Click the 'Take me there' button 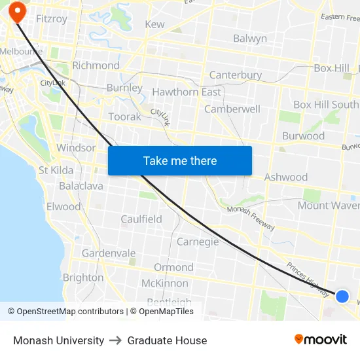[180, 160]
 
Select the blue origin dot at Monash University [342, 296]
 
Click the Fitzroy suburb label [52, 19]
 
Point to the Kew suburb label [154, 24]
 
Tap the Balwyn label [249, 39]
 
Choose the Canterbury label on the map [235, 75]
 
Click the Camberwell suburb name [232, 109]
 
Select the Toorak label [124, 117]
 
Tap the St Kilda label [56, 170]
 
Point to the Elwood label [63, 207]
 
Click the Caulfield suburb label [141, 219]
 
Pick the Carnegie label [198, 242]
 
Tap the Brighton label [83, 278]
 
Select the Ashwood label [285, 177]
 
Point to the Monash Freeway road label [251, 218]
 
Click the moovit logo [320, 339]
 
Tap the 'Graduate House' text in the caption [167, 340]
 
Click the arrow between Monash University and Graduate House [115, 340]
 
